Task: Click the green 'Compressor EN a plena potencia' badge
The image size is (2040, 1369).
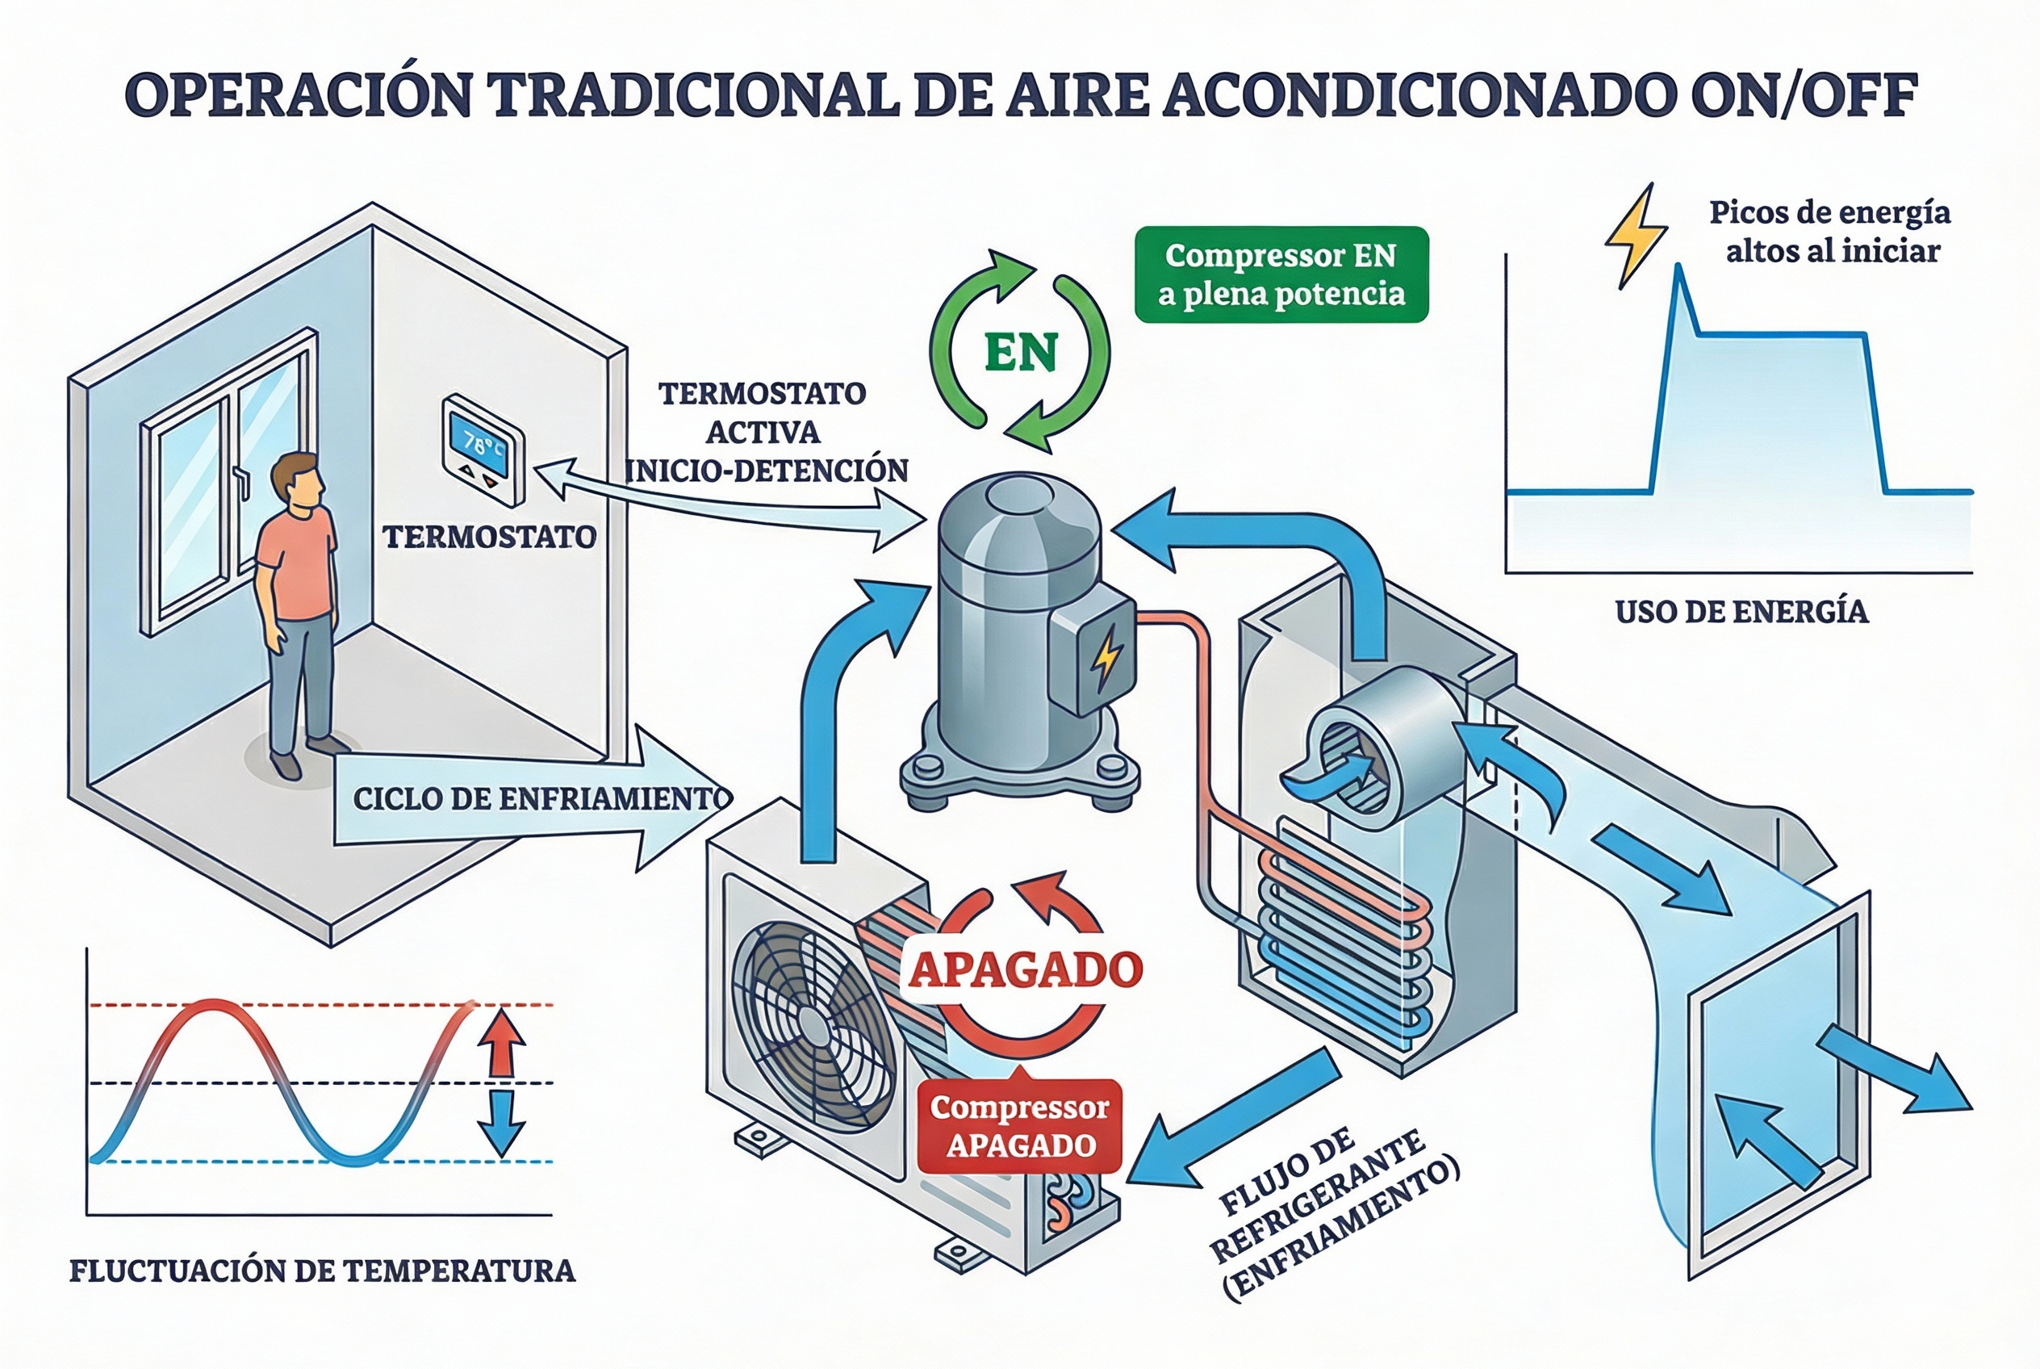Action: click(1281, 274)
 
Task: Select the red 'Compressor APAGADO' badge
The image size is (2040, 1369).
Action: click(1018, 1126)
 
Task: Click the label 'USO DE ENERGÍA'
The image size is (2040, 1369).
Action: click(1741, 612)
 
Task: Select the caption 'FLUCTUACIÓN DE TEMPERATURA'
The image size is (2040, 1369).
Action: click(322, 1271)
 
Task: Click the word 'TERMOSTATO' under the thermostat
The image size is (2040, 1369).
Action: click(490, 537)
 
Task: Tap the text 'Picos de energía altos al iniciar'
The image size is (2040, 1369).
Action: click(1829, 232)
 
